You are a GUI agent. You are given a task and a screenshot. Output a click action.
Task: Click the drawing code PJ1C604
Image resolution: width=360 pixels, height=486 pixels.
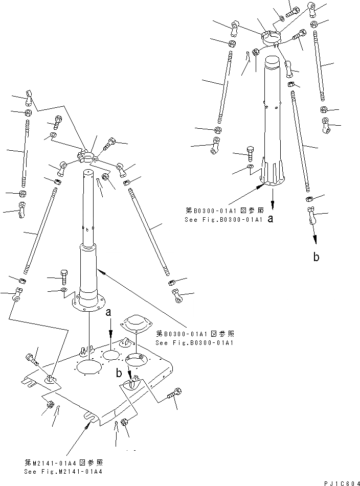341,482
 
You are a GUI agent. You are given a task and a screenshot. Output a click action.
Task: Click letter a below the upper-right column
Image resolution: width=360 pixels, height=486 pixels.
271,219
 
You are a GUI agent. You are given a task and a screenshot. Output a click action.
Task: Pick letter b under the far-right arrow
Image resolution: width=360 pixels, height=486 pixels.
316,258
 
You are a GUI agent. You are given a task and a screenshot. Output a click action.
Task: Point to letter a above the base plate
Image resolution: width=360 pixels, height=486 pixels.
108,312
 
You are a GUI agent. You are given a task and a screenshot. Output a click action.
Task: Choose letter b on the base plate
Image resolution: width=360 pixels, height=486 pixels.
119,374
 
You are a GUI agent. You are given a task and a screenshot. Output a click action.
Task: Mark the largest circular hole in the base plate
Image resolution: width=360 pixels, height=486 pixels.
89,369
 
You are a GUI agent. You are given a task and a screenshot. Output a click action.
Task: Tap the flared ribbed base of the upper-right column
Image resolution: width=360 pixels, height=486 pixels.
272,175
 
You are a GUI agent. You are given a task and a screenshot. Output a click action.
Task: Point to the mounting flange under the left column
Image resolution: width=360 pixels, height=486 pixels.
89,305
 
